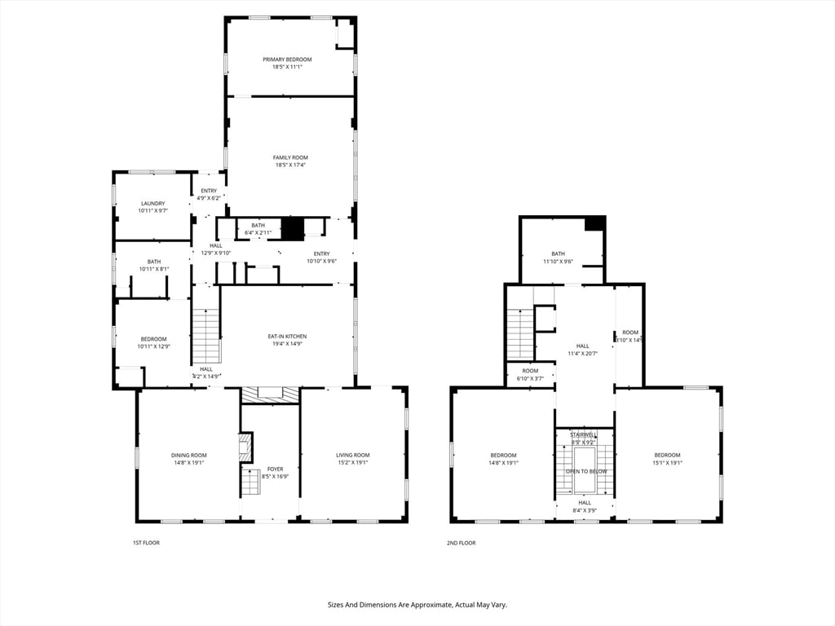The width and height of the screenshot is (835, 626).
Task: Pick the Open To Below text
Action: coord(586,471)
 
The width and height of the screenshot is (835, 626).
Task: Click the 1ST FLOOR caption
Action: coord(146,543)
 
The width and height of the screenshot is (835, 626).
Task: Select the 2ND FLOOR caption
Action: coord(461,543)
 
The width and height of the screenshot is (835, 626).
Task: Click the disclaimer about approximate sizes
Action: coord(417,605)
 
